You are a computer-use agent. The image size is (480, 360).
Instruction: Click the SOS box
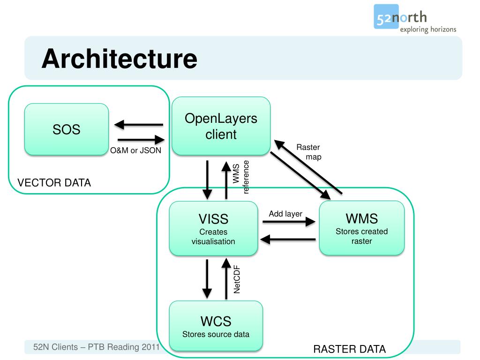pyautogui.click(x=67, y=129)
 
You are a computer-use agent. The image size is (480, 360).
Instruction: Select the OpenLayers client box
pyautogui.click(x=221, y=126)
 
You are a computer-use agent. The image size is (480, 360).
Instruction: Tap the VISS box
pyautogui.click(x=213, y=228)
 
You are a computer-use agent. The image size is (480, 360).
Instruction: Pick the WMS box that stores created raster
pyautogui.click(x=362, y=228)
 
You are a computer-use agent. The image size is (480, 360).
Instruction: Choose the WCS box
pyautogui.click(x=216, y=326)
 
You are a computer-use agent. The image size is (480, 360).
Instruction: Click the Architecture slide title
pyautogui.click(x=120, y=59)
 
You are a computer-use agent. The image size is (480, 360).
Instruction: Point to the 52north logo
pyautogui.click(x=415, y=19)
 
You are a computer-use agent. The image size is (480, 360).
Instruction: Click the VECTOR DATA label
pyautogui.click(x=54, y=183)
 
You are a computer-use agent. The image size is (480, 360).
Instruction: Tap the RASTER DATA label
pyautogui.click(x=349, y=349)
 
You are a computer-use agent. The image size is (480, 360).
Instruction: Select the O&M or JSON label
pyautogui.click(x=135, y=150)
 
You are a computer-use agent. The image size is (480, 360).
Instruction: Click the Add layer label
pyautogui.click(x=285, y=214)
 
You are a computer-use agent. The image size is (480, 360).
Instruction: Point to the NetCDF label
pyautogui.click(x=237, y=279)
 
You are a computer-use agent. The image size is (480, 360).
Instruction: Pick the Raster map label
pyautogui.click(x=309, y=152)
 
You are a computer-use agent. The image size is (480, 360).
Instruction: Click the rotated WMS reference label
pyautogui.click(x=241, y=177)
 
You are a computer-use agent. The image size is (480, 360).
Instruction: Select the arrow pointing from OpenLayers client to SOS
pyautogui.click(x=139, y=125)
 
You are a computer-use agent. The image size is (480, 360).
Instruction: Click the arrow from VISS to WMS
pyautogui.click(x=289, y=222)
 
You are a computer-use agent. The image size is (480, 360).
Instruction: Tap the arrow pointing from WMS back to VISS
pyautogui.click(x=288, y=240)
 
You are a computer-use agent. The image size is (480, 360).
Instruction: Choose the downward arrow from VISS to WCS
pyautogui.click(x=207, y=279)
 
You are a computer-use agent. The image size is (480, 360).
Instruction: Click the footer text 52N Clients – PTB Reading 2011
pyautogui.click(x=97, y=347)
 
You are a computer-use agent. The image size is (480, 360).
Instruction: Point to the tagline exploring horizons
pyautogui.click(x=428, y=30)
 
